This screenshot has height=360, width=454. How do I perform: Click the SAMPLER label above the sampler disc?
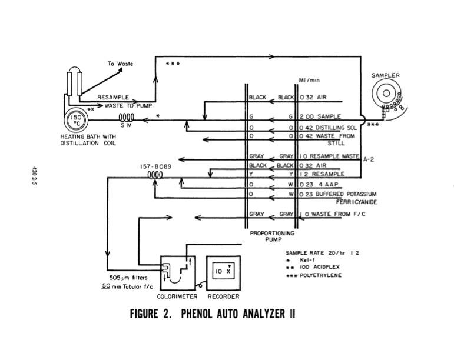tap(386, 76)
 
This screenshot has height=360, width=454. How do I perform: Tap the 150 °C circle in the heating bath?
tap(77, 121)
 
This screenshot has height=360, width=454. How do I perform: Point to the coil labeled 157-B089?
tap(155, 175)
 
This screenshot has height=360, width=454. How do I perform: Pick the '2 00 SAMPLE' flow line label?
tap(321, 117)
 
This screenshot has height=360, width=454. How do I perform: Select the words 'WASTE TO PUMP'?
tap(129, 106)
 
